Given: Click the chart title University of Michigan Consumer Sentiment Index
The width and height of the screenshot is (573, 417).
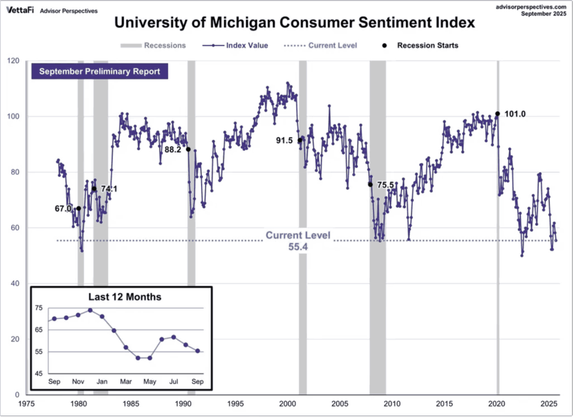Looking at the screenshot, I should tap(294, 23).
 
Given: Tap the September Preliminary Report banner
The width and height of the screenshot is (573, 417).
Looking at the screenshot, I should tap(99, 72).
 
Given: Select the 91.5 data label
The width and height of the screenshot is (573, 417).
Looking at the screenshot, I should tap(284, 140).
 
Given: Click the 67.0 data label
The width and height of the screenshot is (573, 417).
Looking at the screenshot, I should tap(63, 209).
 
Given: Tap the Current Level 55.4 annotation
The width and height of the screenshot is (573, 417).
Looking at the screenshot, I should tap(298, 240).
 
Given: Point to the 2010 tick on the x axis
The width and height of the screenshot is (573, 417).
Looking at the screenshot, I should tap(392, 404).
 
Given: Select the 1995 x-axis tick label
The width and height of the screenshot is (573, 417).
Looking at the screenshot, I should tap(235, 404).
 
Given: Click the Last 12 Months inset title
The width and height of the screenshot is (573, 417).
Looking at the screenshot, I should tap(125, 297).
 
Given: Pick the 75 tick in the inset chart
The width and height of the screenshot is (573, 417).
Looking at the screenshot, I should tap(38, 309).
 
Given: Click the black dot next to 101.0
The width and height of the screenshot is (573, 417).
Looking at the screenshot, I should tap(497, 113).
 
